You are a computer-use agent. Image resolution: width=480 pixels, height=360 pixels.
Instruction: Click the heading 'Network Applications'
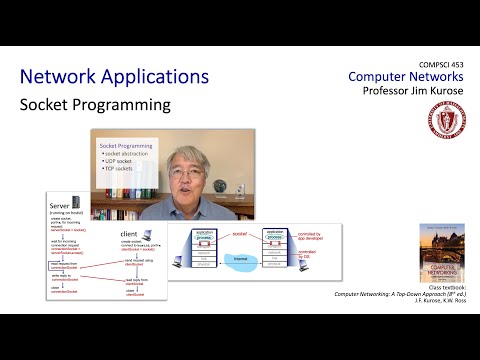[x=114, y=77]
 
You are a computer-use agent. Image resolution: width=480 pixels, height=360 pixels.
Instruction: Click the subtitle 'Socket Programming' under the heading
[x=95, y=104]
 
